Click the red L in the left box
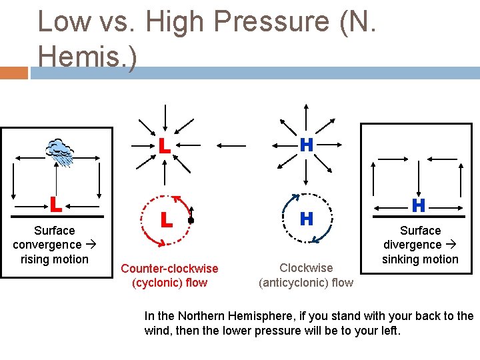(x=56, y=204)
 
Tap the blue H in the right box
(x=419, y=205)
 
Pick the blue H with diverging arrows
(x=306, y=145)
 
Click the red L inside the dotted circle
(x=167, y=219)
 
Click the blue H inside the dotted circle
(x=306, y=219)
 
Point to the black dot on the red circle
(x=191, y=219)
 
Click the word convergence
(x=47, y=245)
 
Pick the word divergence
(x=412, y=245)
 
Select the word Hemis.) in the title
(x=87, y=56)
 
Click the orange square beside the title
(x=14, y=73)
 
